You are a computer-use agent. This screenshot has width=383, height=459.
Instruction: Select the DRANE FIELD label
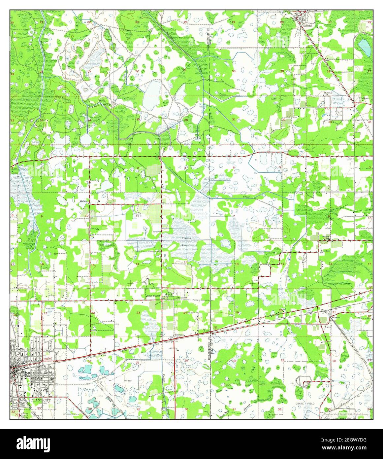coord(304,404)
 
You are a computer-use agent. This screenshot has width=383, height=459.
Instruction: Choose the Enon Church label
coord(153,296)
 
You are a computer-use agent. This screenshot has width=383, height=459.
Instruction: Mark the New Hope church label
coord(326,251)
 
